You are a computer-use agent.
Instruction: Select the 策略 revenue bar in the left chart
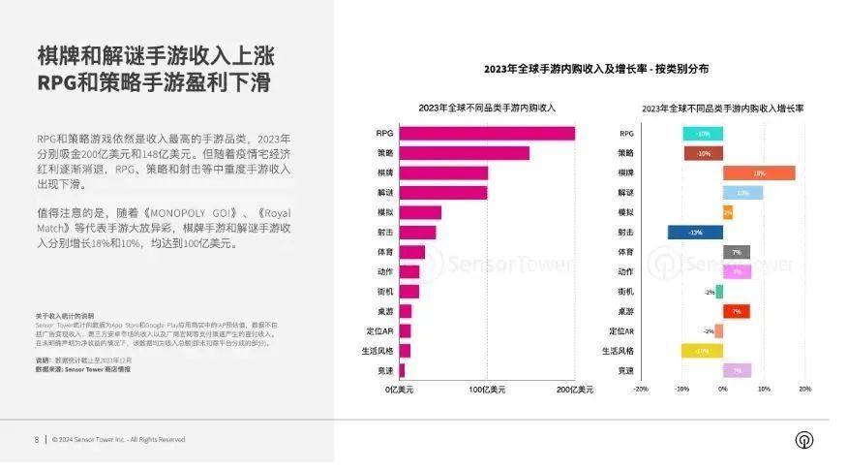click(x=464, y=153)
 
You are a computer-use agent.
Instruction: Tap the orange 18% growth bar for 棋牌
click(x=759, y=172)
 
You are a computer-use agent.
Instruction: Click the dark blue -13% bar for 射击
click(x=695, y=233)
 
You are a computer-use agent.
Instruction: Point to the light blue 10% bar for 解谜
click(x=742, y=193)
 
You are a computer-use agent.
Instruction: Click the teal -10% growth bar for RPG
click(x=703, y=133)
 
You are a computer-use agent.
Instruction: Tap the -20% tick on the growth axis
click(x=641, y=389)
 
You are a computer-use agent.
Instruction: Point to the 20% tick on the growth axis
click(x=804, y=389)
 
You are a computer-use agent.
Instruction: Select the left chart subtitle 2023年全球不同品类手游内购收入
click(x=487, y=107)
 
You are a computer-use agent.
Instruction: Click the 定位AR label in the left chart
click(x=378, y=331)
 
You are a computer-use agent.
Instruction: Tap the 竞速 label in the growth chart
click(x=625, y=370)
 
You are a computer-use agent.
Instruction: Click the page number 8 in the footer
click(x=37, y=439)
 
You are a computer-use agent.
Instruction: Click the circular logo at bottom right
click(x=804, y=439)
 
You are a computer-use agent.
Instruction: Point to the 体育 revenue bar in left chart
click(x=411, y=252)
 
